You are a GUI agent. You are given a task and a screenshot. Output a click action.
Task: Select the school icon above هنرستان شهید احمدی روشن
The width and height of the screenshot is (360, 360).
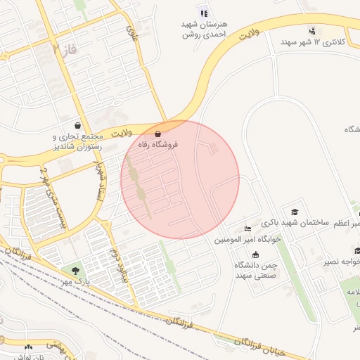coord(204,12)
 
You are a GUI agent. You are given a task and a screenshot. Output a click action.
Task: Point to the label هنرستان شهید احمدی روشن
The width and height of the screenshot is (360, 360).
coord(203,28)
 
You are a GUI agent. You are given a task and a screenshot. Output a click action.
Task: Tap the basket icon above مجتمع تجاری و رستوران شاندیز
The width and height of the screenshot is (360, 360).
coord(86,125)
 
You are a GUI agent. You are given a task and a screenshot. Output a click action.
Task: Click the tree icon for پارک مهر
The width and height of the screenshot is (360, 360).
coord(74,271)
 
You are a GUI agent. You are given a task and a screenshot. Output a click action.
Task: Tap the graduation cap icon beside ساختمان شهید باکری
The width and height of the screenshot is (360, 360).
coord(295,212)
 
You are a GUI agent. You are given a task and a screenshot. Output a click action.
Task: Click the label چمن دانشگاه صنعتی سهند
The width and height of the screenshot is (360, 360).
coord(254,270)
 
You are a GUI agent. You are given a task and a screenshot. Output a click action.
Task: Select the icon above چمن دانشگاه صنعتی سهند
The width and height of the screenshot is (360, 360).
coord(255,254)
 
